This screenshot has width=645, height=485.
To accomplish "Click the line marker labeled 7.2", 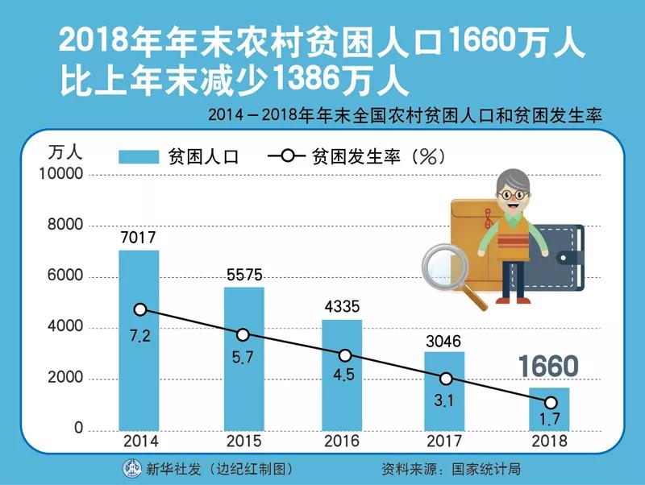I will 140,309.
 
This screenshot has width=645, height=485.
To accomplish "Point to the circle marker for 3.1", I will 446,379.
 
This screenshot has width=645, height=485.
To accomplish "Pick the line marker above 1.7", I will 550,402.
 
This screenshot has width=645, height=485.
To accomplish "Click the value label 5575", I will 243,276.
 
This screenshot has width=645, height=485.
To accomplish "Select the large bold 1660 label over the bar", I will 548,367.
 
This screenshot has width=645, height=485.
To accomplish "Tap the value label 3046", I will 443,341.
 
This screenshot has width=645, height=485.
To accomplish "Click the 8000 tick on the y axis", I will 66,226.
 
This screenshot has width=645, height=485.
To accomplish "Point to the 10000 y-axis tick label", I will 62,175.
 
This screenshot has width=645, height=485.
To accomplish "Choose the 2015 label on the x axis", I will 243,441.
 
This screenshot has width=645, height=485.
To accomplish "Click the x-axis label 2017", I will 446,441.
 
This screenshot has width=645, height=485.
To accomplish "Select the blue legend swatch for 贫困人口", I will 139,156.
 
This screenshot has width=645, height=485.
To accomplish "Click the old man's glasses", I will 509,195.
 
